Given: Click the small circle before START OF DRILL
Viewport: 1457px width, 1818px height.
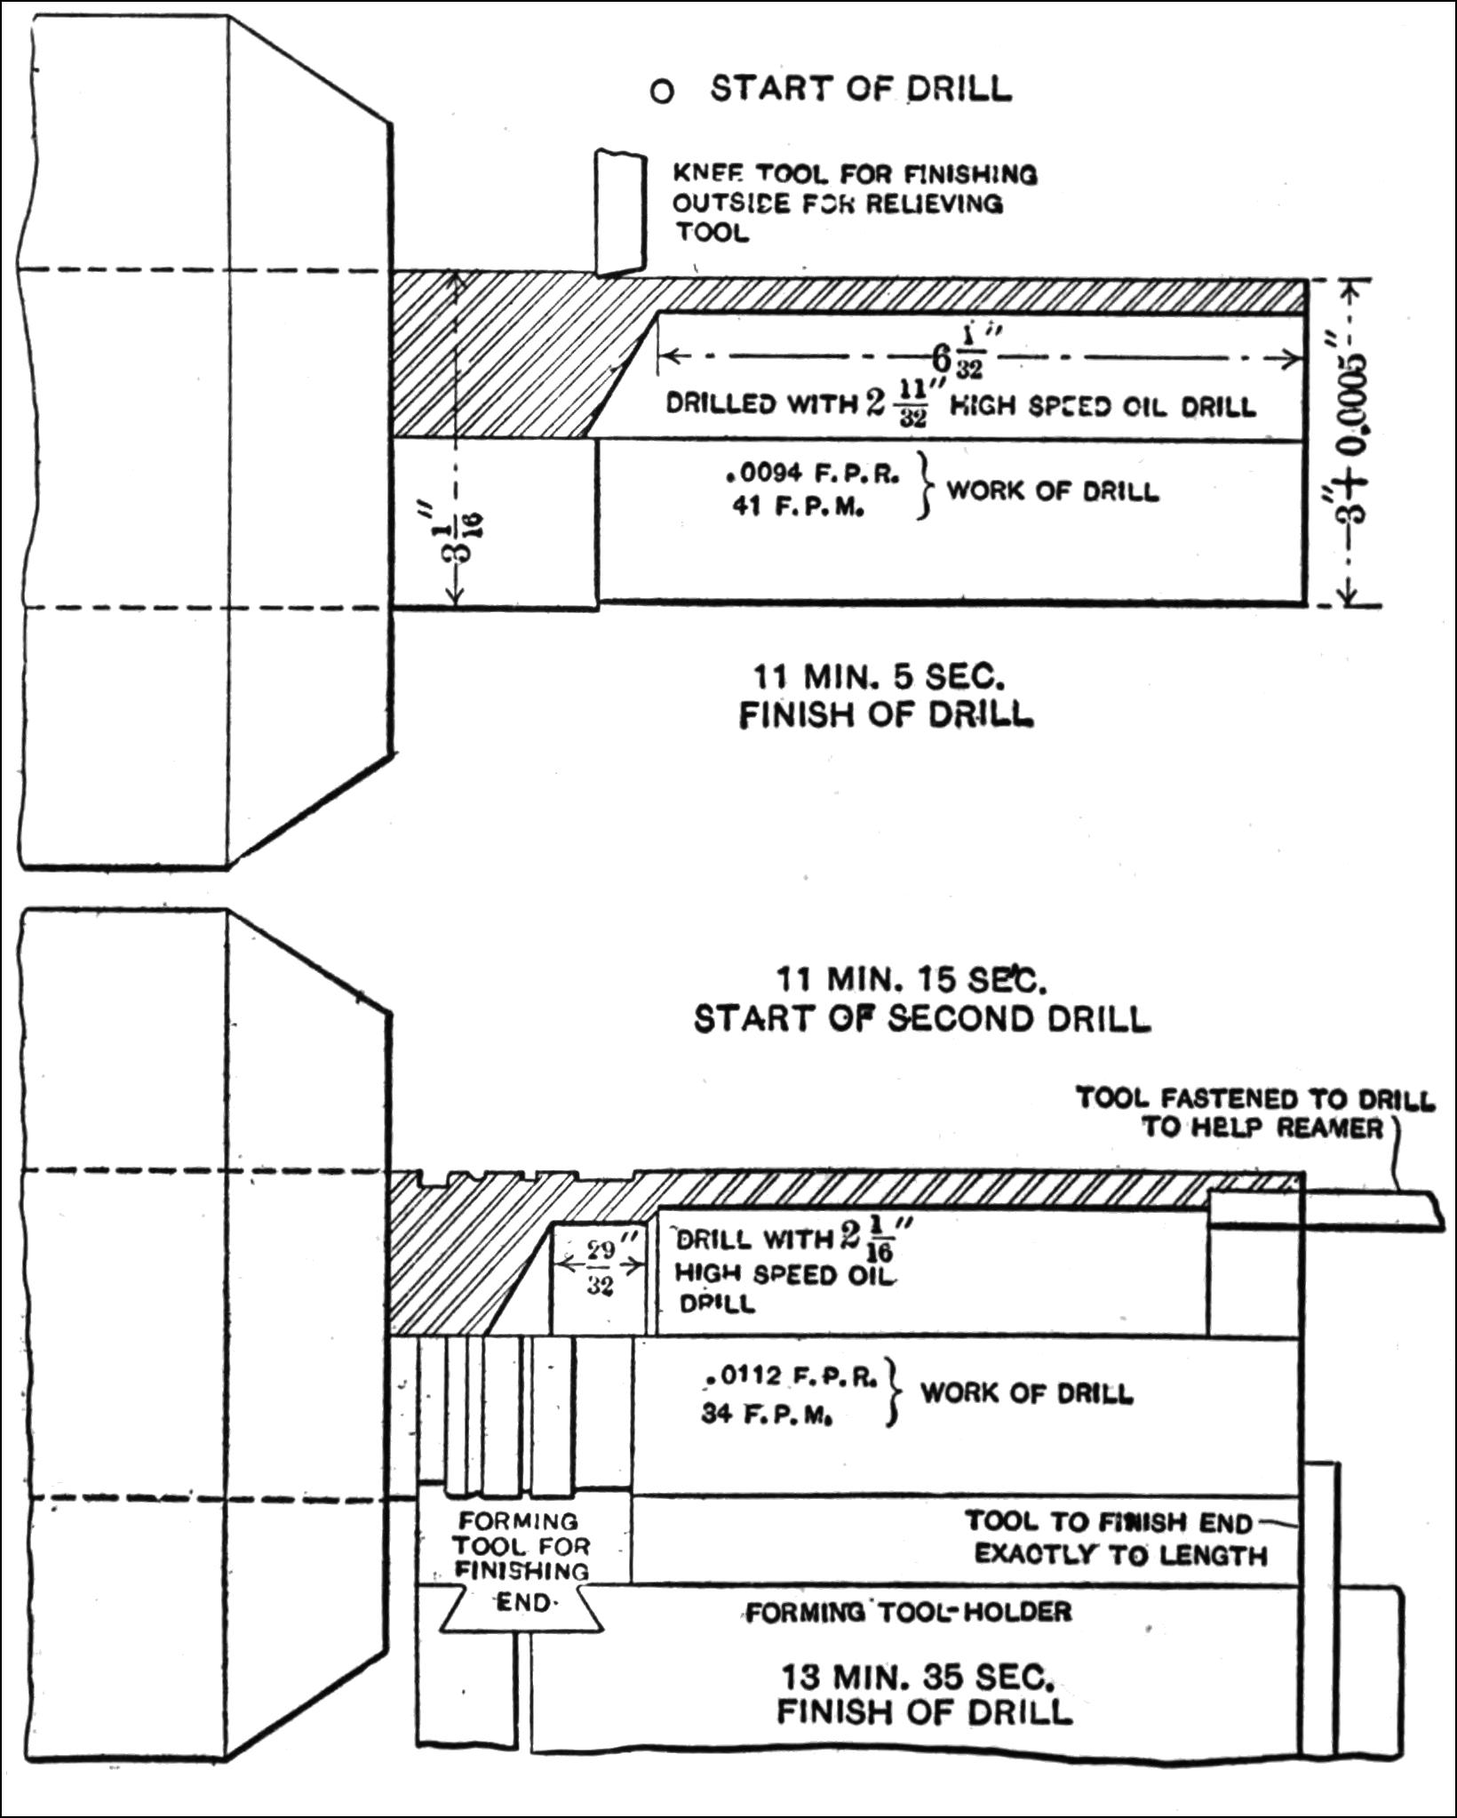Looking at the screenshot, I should [x=662, y=91].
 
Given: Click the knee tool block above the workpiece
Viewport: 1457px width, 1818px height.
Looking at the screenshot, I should [x=619, y=212].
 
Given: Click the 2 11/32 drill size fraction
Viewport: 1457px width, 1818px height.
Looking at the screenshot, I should [x=896, y=404].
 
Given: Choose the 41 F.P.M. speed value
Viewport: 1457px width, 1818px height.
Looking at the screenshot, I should [x=797, y=510].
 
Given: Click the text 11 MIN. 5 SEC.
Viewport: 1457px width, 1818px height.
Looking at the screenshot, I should [x=880, y=677].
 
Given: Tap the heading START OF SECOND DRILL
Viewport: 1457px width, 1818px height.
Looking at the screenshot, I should [x=921, y=1018].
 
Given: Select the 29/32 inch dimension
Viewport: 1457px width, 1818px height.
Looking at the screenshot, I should [x=601, y=1266].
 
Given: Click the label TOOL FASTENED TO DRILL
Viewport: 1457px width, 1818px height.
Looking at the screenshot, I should [x=1255, y=1098].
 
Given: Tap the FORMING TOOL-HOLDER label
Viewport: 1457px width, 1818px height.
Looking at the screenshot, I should [x=908, y=1611].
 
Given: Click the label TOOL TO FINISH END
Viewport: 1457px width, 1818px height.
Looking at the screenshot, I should [x=1108, y=1522].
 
